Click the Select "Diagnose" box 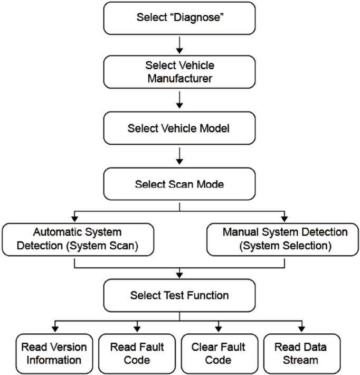point(179,18)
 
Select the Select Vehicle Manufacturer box point(179,73)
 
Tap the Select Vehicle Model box point(179,128)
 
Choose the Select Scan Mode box point(179,184)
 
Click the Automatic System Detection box point(78,239)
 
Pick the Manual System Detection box point(285,239)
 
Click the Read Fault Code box point(137,353)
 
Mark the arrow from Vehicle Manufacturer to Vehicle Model point(179,100)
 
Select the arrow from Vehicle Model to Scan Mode point(179,155)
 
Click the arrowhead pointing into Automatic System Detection point(77,218)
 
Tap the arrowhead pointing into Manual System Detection point(285,218)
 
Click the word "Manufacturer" point(179,79)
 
